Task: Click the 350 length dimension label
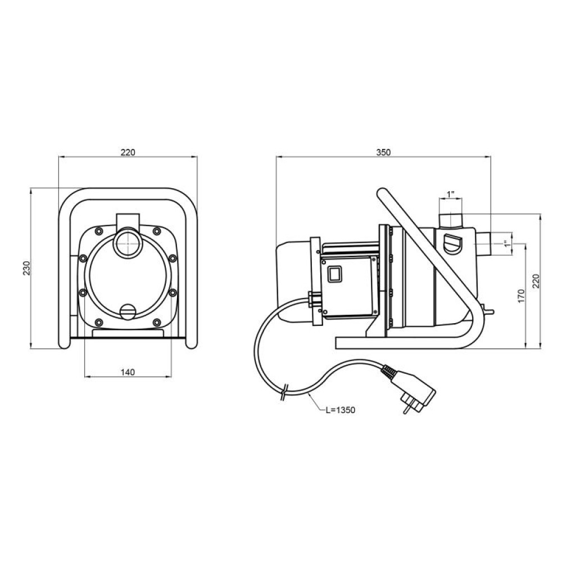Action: click(383, 152)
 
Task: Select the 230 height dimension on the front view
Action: click(27, 268)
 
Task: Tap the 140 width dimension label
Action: click(128, 373)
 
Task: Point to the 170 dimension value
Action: click(521, 296)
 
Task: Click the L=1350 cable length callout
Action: click(340, 410)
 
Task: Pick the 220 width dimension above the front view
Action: click(128, 152)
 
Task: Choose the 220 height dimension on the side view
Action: click(536, 282)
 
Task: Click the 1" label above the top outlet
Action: click(451, 194)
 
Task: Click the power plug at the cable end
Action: click(412, 389)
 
